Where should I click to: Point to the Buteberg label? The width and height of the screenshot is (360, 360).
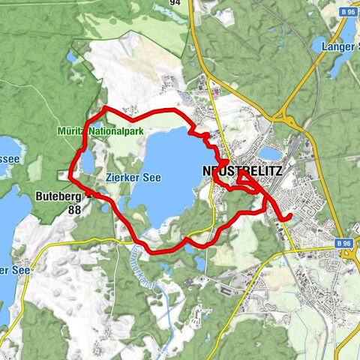(x=55, y=196)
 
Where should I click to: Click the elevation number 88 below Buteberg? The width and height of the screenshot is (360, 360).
(x=73, y=210)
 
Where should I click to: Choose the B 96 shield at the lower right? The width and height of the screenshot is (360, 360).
(x=343, y=244)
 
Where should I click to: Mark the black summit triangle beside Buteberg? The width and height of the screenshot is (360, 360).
(x=88, y=193)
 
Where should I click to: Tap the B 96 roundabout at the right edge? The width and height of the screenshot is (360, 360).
(x=352, y=253)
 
